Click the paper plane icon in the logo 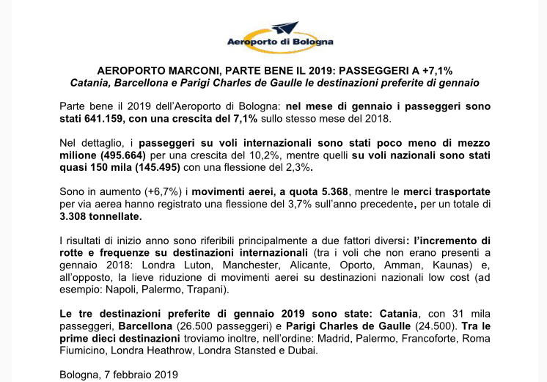(284, 28)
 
